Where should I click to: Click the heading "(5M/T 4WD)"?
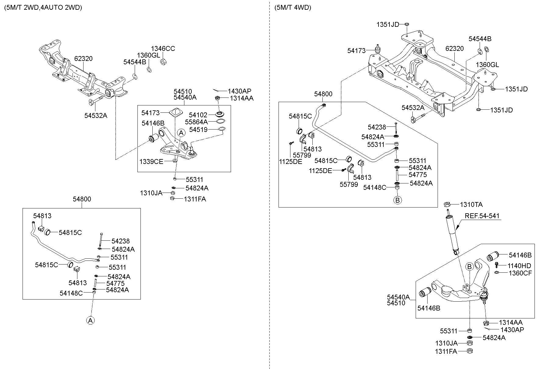pos(293,8)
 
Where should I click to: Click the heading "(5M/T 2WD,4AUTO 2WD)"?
pos(43,8)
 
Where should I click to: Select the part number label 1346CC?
pos(163,49)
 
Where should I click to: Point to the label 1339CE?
pos(151,161)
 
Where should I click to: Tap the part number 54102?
pos(198,115)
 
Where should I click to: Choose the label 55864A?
pos(196,122)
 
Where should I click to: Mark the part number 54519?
pos(198,130)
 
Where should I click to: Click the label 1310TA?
pos(471,204)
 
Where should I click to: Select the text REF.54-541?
pos(482,216)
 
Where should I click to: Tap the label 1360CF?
pos(520,273)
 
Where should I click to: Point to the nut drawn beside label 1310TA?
pos(447,204)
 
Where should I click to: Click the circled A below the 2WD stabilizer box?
pos(90,320)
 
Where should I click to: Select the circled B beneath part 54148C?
pos(397,200)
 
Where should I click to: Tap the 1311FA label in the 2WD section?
pos(195,199)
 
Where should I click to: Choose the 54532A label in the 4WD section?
pos(413,108)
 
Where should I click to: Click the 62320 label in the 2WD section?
pos(83,59)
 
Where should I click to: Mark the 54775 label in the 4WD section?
pos(417,175)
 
